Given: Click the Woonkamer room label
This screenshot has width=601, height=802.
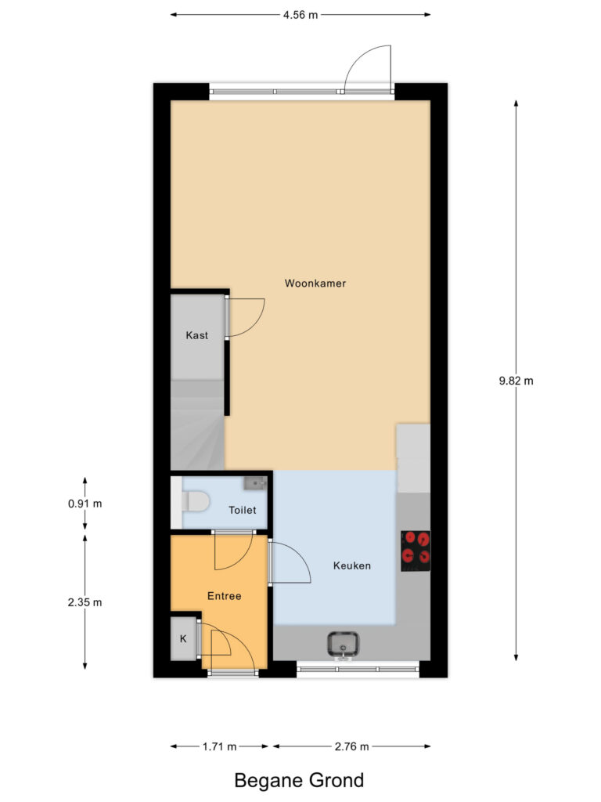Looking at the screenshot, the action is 315,283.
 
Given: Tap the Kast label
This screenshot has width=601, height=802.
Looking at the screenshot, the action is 196,335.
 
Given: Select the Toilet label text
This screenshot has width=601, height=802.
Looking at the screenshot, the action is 243,509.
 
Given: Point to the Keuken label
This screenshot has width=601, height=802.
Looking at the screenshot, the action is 351,565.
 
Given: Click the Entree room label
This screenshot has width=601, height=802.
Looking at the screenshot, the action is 224,595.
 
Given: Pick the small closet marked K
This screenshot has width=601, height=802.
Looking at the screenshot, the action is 183,638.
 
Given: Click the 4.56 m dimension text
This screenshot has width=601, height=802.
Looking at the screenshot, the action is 300,15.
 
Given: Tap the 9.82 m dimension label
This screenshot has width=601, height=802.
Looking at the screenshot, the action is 516,381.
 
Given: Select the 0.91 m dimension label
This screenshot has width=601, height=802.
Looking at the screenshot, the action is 85,504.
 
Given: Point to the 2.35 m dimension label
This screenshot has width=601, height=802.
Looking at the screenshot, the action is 85,602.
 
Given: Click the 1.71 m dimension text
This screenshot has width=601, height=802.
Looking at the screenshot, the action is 219,746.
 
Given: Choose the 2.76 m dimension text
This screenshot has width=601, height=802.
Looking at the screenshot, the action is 351,746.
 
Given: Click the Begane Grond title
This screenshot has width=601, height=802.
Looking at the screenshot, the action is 299,781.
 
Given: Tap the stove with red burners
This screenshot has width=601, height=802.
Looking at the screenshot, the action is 416,551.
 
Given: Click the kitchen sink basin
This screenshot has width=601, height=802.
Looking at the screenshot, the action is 343,644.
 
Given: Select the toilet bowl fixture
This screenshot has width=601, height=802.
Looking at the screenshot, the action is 195,501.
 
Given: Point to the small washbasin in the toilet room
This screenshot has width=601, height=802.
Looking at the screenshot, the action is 255,482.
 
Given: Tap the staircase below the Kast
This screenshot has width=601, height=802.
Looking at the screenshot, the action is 197,424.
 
